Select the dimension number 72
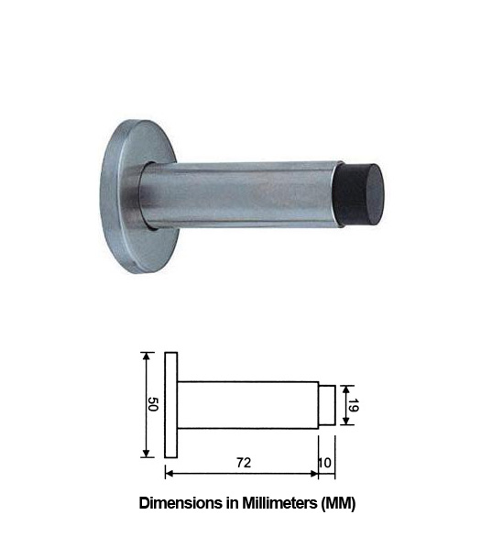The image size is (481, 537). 243,462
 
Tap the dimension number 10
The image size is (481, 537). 325,462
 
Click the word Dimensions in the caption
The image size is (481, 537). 179,503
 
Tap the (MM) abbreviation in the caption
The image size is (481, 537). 336,503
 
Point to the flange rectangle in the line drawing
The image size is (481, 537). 169,404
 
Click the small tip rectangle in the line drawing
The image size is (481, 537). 326,404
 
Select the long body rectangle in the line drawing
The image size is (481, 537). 247,404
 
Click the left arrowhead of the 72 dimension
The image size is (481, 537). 169,474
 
